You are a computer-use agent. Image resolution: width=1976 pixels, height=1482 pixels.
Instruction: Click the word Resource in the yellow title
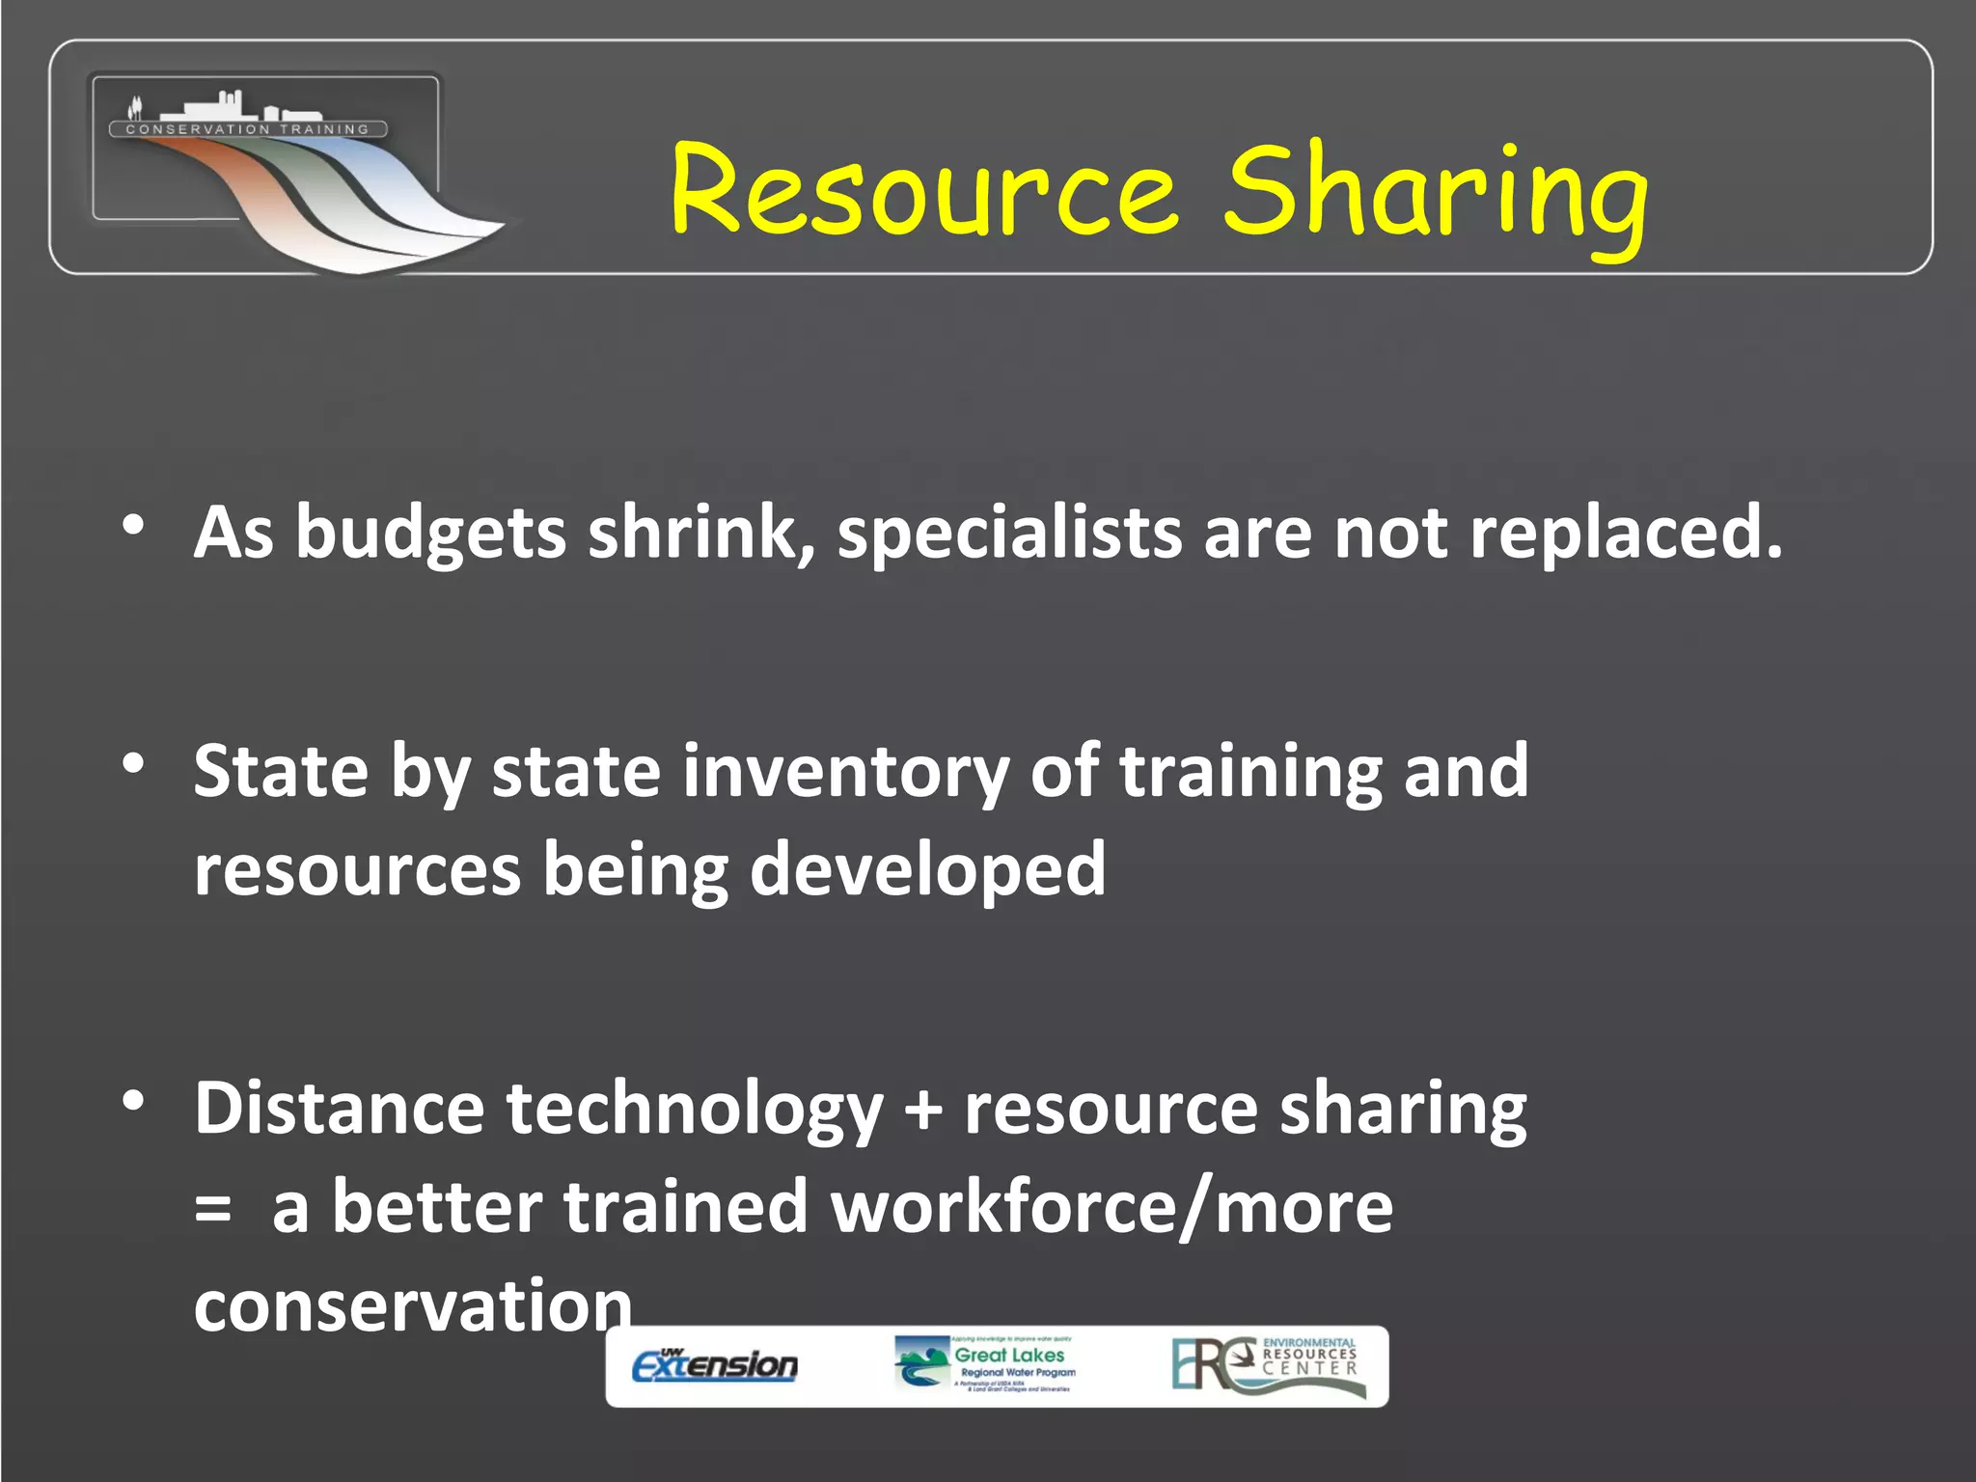point(923,190)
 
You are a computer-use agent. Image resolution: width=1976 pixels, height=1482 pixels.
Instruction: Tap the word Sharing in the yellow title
point(1436,193)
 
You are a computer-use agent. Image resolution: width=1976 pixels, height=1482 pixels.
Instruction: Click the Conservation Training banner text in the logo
point(248,129)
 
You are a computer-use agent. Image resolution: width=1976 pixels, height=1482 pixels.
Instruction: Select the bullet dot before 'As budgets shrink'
point(133,526)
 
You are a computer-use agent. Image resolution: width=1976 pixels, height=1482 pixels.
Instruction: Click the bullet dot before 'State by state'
point(133,764)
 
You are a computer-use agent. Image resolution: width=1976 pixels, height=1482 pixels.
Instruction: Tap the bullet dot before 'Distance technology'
point(133,1100)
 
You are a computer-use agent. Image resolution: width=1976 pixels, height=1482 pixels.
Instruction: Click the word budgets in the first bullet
point(430,534)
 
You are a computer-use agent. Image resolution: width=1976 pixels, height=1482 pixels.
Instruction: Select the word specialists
point(1009,534)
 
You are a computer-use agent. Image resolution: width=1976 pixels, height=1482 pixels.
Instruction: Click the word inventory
point(845,772)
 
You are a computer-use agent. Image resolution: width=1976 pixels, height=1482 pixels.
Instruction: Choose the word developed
point(927,869)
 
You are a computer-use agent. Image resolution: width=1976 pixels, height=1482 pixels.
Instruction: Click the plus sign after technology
point(923,1110)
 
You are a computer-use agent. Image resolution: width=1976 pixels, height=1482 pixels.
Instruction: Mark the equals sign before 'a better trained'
point(212,1208)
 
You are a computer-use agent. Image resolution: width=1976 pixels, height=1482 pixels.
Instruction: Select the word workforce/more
point(1111,1208)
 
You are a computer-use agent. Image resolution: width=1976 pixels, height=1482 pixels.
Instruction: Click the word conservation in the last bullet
point(413,1305)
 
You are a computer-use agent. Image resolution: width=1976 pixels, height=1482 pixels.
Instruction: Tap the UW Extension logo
point(715,1365)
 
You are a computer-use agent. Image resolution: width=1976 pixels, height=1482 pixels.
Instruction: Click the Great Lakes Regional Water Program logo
point(985,1364)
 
